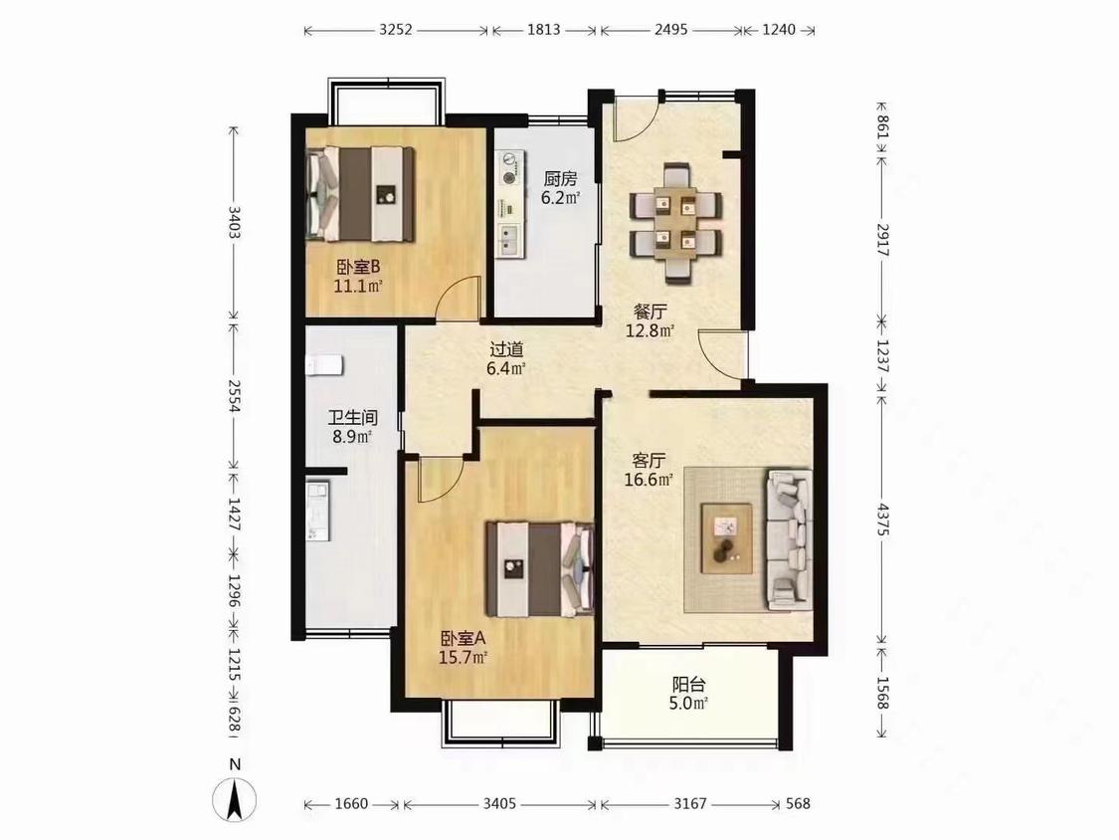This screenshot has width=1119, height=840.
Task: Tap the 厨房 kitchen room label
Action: (x=560, y=178)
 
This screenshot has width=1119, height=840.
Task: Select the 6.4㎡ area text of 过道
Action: (x=506, y=368)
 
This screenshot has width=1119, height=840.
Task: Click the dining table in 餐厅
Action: (x=675, y=221)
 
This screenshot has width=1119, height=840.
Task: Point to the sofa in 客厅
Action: (x=789, y=539)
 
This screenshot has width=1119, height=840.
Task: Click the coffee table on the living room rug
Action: (x=726, y=537)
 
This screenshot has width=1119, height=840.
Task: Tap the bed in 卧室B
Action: (x=360, y=193)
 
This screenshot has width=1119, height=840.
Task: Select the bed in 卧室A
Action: (x=540, y=568)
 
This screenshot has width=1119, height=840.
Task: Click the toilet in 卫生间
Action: (x=324, y=364)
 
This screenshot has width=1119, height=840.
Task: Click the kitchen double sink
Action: (x=509, y=240)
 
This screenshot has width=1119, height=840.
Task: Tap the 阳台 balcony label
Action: (x=688, y=685)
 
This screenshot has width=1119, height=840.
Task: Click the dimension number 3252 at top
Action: (x=395, y=30)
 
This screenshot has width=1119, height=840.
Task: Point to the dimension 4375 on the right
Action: (x=883, y=520)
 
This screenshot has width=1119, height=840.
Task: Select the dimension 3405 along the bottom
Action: (x=499, y=804)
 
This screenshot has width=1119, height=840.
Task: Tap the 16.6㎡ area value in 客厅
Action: (x=648, y=480)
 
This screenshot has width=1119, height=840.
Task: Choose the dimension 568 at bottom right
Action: (x=798, y=804)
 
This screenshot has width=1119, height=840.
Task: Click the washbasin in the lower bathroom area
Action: (x=318, y=510)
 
